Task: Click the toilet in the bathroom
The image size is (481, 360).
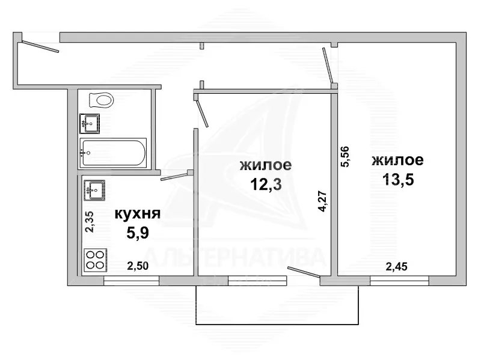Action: coord(100,100)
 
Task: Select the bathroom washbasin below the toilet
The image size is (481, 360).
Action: coord(90,124)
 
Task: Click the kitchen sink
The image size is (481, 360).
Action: coord(94,191)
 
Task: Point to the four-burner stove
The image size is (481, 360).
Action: coord(94,259)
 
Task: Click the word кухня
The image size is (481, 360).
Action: coord(137,214)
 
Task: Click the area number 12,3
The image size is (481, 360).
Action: coord(266,183)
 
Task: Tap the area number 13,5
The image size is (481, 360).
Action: coord(397,178)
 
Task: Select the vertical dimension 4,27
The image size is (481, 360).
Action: coord(323,201)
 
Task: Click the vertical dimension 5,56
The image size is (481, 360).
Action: coord(345,157)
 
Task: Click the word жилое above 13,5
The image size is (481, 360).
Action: coord(397,160)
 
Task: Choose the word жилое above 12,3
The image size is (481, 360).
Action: coord(266,165)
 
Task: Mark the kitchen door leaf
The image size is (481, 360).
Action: coord(175,176)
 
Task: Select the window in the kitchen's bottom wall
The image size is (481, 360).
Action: coord(132,280)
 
